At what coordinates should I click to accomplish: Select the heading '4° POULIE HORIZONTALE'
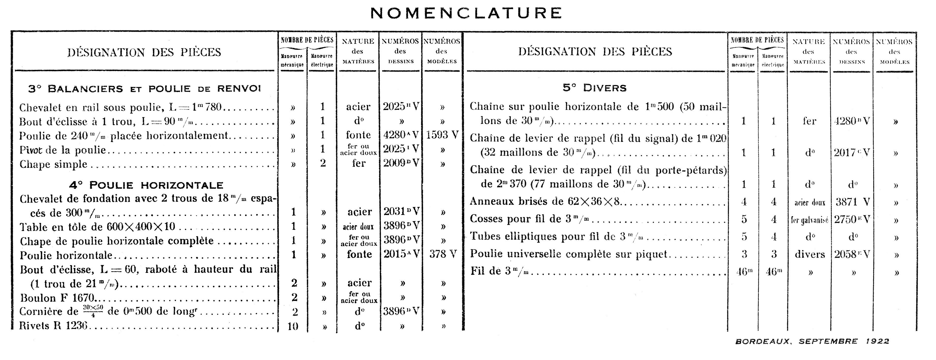pos(146,185)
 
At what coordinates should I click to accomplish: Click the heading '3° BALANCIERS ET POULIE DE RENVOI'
pos(145,89)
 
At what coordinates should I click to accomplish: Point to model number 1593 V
pos(442,135)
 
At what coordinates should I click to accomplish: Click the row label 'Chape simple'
pos(53,164)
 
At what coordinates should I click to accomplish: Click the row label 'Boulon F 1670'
pos(58,298)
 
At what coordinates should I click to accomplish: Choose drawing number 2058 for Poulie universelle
pos(852,254)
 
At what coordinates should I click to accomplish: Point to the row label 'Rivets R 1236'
pos(53,326)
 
